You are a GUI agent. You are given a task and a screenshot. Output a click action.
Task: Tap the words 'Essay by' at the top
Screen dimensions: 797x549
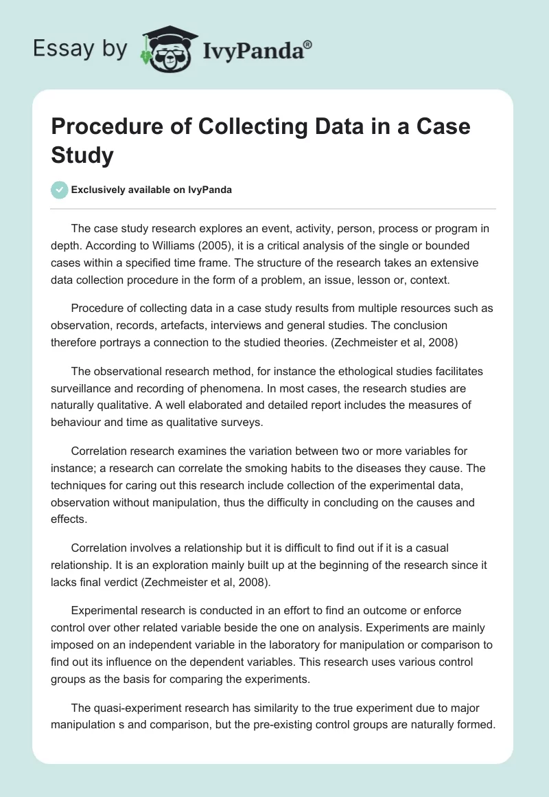tap(82, 49)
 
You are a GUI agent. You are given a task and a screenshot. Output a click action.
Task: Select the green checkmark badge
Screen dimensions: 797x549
tap(60, 190)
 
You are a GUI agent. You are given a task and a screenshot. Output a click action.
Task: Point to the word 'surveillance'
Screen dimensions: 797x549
tap(85, 388)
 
